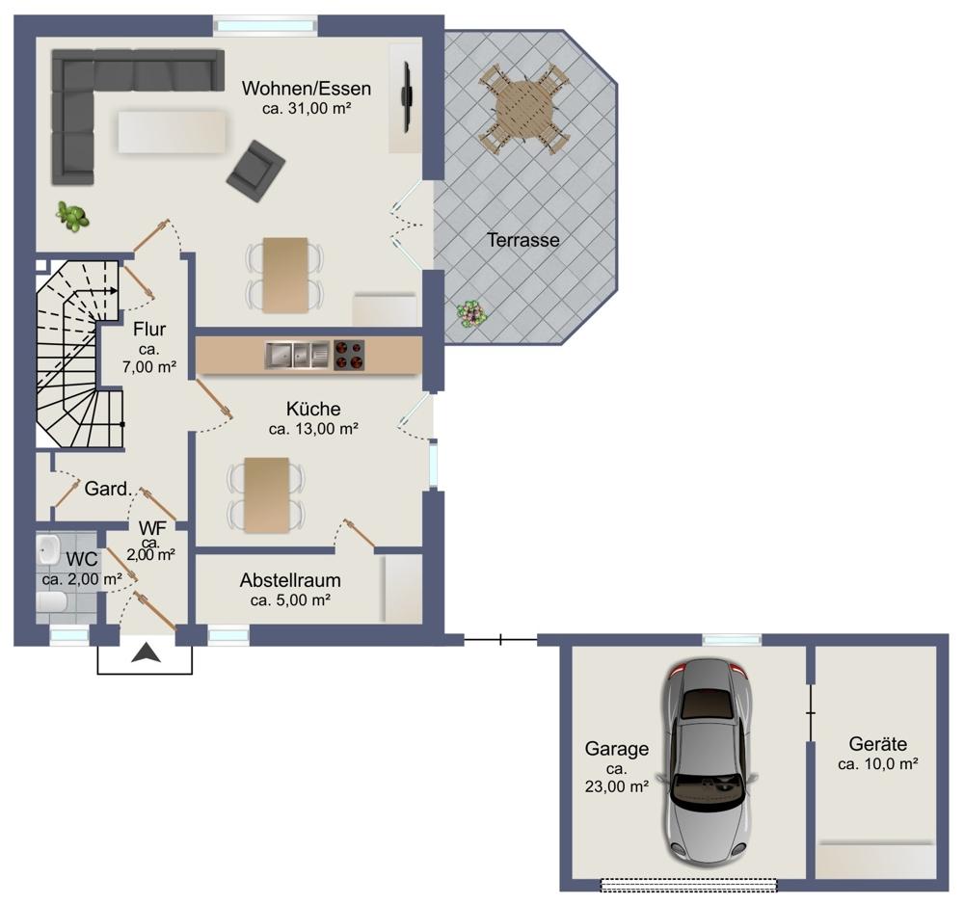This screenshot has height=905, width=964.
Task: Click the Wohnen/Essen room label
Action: (307, 89)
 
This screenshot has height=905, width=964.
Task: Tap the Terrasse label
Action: (523, 240)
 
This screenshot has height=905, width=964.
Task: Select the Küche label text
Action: (313, 409)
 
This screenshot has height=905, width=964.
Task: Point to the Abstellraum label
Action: (290, 580)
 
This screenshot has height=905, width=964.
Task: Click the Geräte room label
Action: (878, 744)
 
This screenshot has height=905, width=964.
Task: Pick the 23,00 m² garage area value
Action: (617, 786)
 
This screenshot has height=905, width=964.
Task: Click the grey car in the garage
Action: (709, 762)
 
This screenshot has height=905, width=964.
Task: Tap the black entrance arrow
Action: (147, 652)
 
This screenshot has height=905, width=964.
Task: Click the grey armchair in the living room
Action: (255, 171)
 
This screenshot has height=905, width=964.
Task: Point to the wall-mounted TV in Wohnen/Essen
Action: (406, 96)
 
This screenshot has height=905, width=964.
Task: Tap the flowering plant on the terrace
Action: (472, 313)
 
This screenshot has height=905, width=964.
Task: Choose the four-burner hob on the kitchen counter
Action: (349, 356)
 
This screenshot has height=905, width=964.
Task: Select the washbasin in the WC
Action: (48, 549)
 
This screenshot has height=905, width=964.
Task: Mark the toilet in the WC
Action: (51, 602)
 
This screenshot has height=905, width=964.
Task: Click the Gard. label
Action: (108, 490)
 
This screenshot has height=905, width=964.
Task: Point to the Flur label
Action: (149, 330)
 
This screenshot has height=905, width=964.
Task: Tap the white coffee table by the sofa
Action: (172, 131)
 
